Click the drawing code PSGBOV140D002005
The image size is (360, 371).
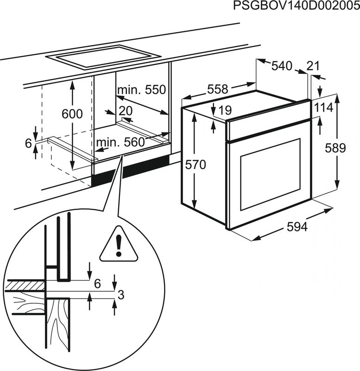296,6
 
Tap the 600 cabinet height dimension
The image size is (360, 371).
72,114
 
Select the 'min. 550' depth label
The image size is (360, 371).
141,90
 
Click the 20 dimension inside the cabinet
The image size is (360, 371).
125,110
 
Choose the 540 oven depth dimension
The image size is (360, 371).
282,66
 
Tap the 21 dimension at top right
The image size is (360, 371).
313,66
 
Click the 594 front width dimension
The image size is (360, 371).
297,227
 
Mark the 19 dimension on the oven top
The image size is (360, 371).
224,110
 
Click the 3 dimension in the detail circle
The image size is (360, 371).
120,294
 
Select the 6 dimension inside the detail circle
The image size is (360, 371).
97,284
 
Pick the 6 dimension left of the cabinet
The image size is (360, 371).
28,143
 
